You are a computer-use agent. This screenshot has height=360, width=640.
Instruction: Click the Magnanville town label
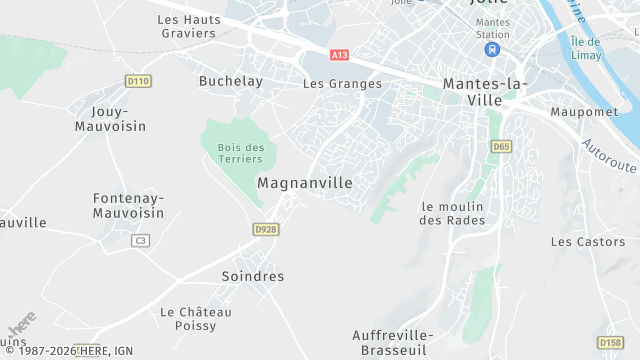pyautogui.click(x=305, y=183)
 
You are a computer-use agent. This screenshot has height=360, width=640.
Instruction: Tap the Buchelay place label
pyautogui.click(x=230, y=81)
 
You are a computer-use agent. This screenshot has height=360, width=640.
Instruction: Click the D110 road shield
pyautogui.click(x=138, y=80)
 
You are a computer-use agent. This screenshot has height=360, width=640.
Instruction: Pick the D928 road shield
pyautogui.click(x=265, y=229)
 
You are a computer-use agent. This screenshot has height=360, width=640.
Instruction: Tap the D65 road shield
pyautogui.click(x=501, y=146)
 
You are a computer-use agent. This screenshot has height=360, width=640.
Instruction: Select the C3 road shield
pyautogui.click(x=140, y=240)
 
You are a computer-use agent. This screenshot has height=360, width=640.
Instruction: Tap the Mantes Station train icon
pyautogui.click(x=492, y=49)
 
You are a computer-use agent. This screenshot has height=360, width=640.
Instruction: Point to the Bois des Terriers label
pyautogui.click(x=240, y=153)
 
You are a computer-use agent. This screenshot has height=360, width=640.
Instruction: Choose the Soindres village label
pyautogui.click(x=252, y=276)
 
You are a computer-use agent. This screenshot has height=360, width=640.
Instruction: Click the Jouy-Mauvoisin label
pyautogui.click(x=110, y=119)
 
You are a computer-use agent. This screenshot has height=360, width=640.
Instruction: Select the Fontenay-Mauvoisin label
pyautogui.click(x=128, y=205)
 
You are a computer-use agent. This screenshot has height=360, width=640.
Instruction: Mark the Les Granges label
pyautogui.click(x=342, y=84)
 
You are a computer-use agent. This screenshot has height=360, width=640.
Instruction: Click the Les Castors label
pyautogui.click(x=588, y=242)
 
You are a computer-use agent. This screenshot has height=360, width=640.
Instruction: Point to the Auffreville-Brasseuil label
pyautogui.click(x=405, y=341)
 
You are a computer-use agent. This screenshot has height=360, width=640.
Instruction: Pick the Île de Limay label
pyautogui.click(x=585, y=47)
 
